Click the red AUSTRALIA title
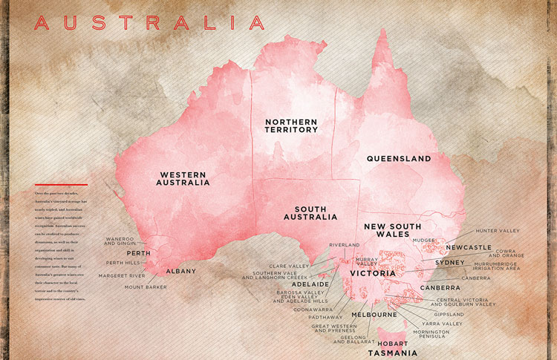(x=149, y=23)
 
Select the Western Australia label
(x=183, y=178)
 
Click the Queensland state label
(x=399, y=159)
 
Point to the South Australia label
(x=310, y=214)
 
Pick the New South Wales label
(x=392, y=231)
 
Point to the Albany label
(x=180, y=271)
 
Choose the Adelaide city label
(x=310, y=284)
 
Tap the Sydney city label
(x=449, y=263)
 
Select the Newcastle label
(x=468, y=247)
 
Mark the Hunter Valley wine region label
(x=498, y=231)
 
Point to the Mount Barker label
(x=141, y=287)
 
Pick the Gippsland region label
(x=448, y=314)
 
